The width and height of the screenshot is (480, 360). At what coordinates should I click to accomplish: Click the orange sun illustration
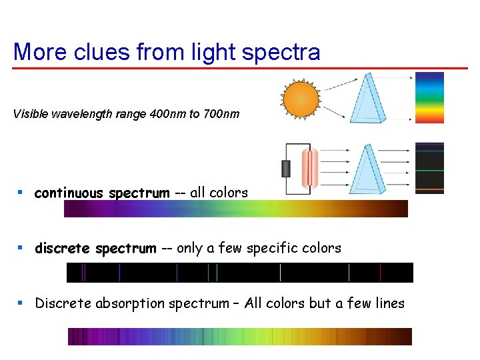(301, 99)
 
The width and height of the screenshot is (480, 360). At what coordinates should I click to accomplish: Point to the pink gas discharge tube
(310, 168)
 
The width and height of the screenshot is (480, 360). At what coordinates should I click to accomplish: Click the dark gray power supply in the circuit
(287, 169)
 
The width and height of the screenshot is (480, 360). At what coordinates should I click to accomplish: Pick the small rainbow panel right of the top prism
(429, 98)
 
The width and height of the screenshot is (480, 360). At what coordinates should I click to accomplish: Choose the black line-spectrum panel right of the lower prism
(429, 168)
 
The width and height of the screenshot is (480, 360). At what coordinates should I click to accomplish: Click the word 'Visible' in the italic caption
(31, 114)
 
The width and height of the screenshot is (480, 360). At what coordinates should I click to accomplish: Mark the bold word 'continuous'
(69, 193)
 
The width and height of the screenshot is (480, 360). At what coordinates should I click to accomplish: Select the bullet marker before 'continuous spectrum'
(21, 193)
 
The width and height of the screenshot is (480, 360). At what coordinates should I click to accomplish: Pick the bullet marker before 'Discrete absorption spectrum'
(21, 303)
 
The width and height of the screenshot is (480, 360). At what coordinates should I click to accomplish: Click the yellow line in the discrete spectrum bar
(280, 273)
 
